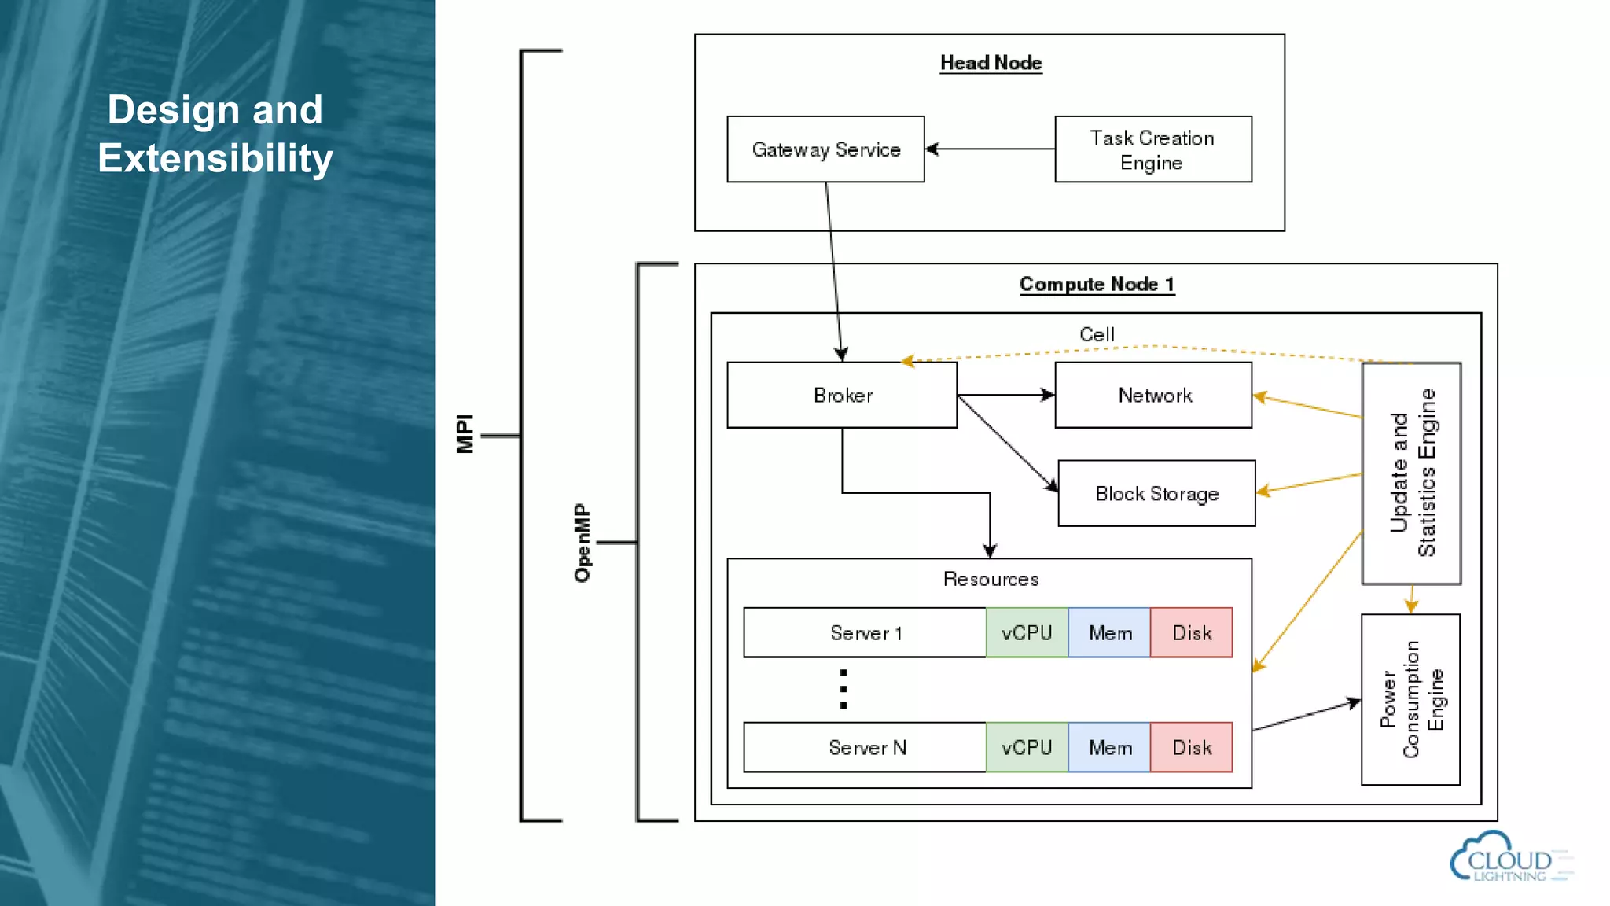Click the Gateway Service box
[x=825, y=149]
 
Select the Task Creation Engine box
[x=1152, y=149]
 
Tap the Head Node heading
[x=991, y=63]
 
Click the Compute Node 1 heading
[x=1097, y=284]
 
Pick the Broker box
[x=842, y=395]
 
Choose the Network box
[x=1153, y=395]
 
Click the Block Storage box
[x=1156, y=493]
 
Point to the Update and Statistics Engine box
[x=1411, y=473]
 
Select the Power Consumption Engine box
[x=1410, y=699]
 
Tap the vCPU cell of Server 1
[x=1027, y=632]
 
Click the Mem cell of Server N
[x=1109, y=747]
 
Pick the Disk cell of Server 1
[x=1191, y=632]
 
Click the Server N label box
[x=865, y=747]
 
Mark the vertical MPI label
[x=465, y=433]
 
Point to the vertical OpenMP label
[x=582, y=543]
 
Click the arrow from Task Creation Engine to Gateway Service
[x=991, y=149]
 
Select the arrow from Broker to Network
[x=1006, y=395]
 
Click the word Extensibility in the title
[x=215, y=158]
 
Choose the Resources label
[x=991, y=579]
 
